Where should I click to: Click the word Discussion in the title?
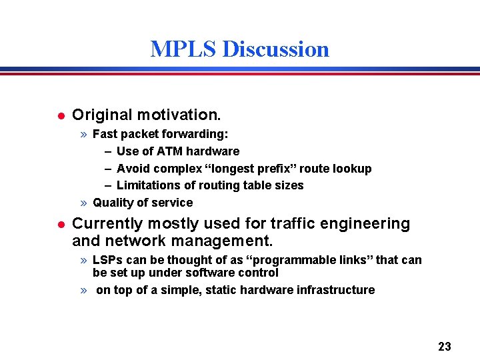(275, 49)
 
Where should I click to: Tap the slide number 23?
(445, 346)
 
